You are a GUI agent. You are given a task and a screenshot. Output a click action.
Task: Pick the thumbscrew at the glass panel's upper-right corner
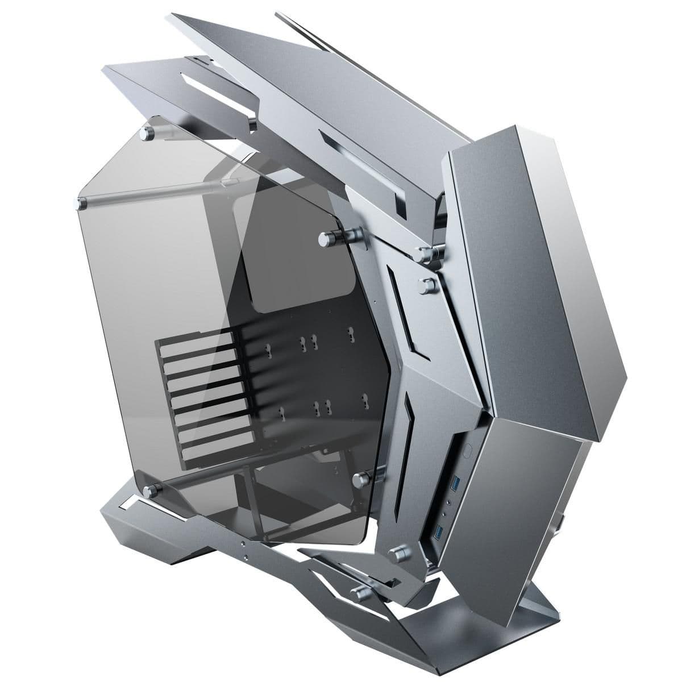[328, 236]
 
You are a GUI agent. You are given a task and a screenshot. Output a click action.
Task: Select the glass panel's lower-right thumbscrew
[360, 479]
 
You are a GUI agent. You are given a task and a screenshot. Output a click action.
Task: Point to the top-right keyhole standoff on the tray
[350, 334]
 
